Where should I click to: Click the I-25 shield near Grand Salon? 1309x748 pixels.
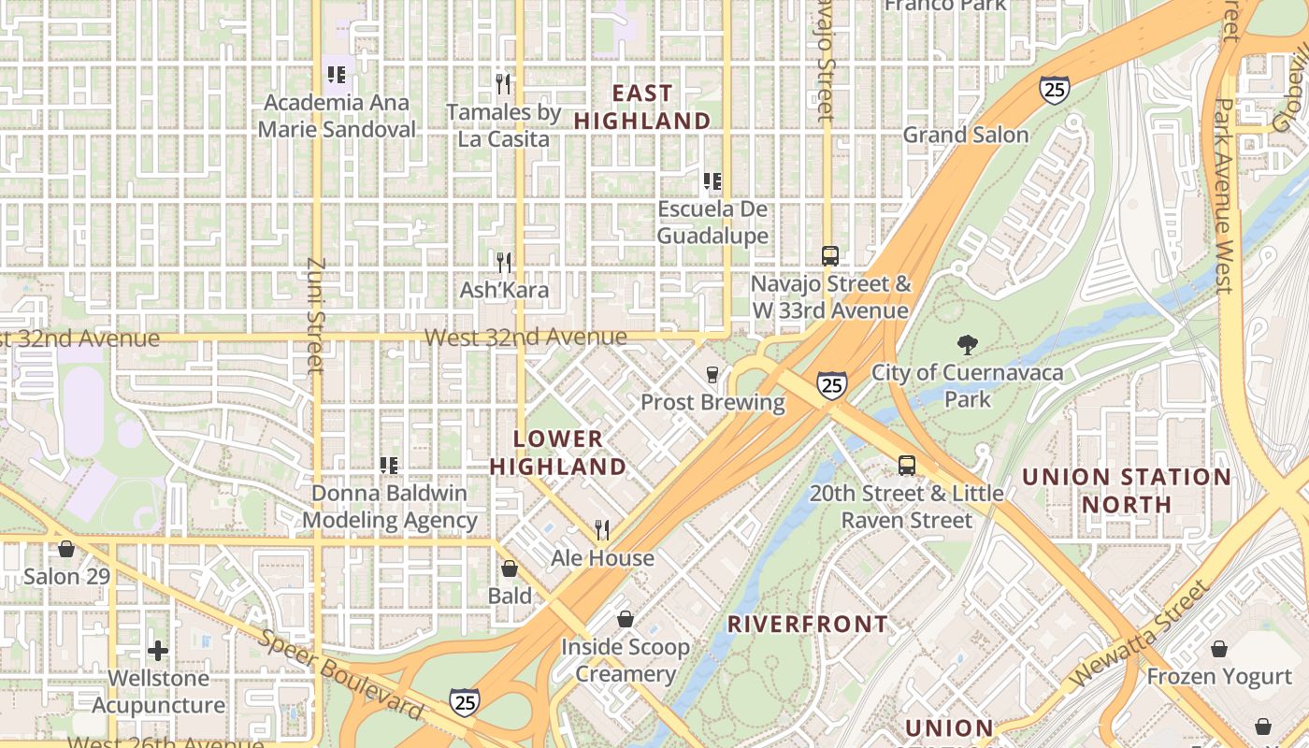1054,89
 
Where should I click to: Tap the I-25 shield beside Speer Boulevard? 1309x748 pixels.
465,701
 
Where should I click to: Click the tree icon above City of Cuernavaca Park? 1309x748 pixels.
968,345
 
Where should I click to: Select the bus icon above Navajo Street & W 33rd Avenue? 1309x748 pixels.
829,255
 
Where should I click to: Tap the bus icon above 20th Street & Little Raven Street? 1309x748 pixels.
906,465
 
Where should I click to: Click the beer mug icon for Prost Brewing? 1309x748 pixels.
712,375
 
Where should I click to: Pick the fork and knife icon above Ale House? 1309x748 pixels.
602,530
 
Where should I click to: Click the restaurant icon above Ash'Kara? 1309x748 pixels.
504,262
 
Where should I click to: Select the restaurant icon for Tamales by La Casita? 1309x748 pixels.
504,84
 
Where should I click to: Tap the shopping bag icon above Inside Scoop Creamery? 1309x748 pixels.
626,619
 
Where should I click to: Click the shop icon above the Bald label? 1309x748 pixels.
510,568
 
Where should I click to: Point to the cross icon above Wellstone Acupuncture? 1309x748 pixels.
158,650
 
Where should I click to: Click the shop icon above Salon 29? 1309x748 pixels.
66,549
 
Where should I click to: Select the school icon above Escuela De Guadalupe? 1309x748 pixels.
712,181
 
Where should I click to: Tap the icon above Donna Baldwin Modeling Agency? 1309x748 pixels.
389,465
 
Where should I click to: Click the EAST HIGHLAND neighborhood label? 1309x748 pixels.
642,107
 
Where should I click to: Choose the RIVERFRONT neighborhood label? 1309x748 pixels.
808,624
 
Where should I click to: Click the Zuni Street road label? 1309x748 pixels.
314,316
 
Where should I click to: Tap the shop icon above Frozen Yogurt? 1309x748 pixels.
1219,649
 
